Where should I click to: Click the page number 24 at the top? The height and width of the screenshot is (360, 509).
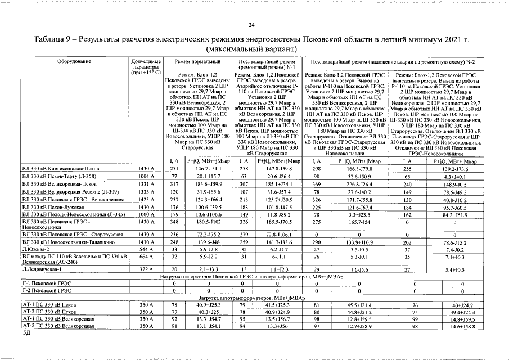(251, 24)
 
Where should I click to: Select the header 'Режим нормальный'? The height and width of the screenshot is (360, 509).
(193, 60)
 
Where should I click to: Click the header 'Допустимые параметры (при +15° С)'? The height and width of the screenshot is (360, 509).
(146, 66)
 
